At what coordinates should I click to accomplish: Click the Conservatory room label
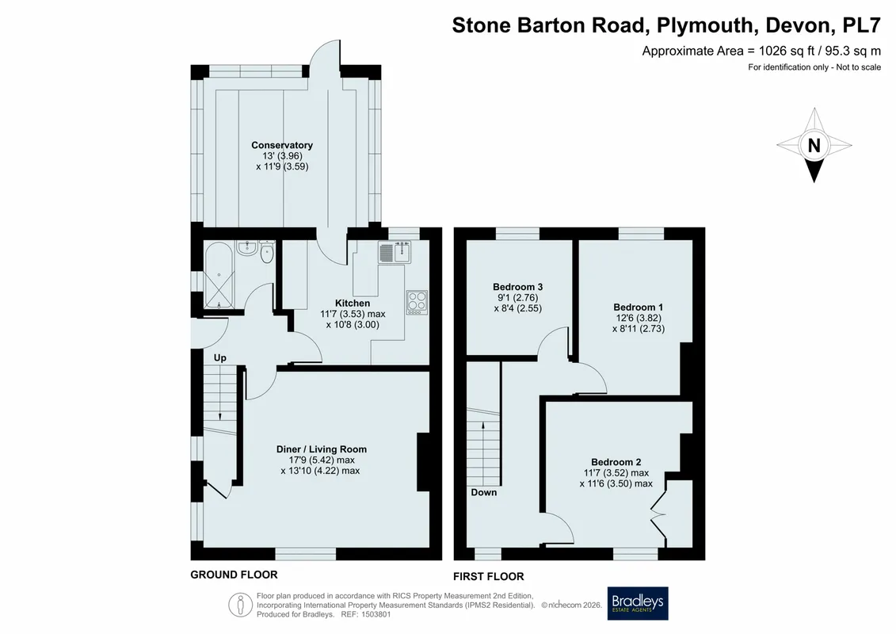pyautogui.click(x=282, y=145)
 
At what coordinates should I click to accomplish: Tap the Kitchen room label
pyautogui.click(x=353, y=303)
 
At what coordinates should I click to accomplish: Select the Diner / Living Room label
pyautogui.click(x=321, y=449)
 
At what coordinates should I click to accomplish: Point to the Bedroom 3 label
pyautogui.click(x=517, y=287)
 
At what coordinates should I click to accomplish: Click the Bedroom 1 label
pyautogui.click(x=639, y=307)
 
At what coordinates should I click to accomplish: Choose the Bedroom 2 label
pyautogui.click(x=616, y=462)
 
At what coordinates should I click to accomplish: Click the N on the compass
pyautogui.click(x=814, y=146)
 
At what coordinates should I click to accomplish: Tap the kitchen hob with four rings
pyautogui.click(x=417, y=303)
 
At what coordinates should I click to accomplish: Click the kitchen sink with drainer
pyautogui.click(x=395, y=252)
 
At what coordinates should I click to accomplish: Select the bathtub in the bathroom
pyautogui.click(x=219, y=276)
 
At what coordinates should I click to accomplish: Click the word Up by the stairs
pyautogui.click(x=220, y=358)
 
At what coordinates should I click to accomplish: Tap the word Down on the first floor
pyautogui.click(x=483, y=492)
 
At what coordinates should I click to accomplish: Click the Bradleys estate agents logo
pyautogui.click(x=637, y=603)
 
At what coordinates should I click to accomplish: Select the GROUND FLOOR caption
pyautogui.click(x=234, y=575)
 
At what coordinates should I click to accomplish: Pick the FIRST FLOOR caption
pyautogui.click(x=489, y=576)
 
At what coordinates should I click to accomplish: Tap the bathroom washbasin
pyautogui.click(x=248, y=248)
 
